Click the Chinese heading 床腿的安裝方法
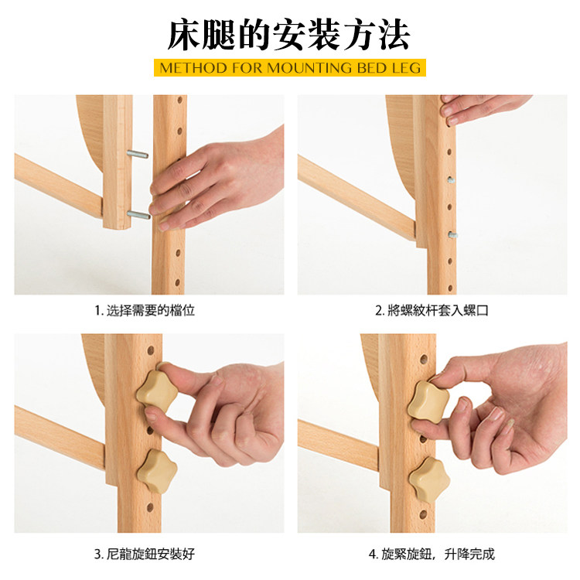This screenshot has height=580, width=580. point(289,34)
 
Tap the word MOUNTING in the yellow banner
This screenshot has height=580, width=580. point(309,68)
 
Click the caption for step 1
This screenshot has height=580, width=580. point(145,310)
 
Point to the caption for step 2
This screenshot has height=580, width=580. point(432,310)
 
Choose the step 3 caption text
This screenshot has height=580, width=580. point(145,554)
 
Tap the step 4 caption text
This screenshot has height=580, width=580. point(432,554)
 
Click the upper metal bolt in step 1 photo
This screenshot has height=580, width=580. point(137,154)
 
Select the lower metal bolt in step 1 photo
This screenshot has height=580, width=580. point(138,214)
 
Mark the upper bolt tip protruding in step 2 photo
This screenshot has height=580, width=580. point(451,180)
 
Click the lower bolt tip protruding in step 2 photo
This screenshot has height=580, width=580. point(452,234)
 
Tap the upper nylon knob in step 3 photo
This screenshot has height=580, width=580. point(157,392)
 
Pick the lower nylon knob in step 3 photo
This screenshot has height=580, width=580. point(157,471)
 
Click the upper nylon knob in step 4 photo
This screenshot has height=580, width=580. point(428,401)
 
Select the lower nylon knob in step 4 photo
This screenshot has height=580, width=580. point(429,479)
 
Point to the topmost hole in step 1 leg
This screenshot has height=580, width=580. point(180,100)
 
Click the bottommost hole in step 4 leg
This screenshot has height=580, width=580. point(423,514)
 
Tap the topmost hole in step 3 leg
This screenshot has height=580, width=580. point(151,350)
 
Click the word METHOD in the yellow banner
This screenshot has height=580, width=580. point(193,68)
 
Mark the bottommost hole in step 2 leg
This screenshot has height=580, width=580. point(451,288)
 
